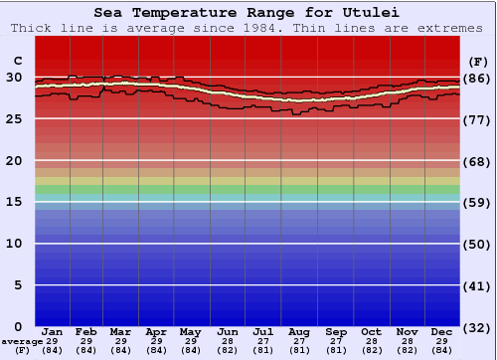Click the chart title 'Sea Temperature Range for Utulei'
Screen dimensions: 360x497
coord(248,13)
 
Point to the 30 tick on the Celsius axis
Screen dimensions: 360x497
coord(15,78)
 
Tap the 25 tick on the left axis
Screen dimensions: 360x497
coord(15,119)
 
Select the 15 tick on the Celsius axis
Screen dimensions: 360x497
coord(15,202)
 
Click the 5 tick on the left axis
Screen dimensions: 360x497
coord(19,285)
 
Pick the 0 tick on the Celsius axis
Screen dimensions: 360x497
coord(19,327)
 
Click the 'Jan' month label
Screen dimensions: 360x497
coord(53,331)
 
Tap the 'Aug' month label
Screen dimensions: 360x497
coord(299,331)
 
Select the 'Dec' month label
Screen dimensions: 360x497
coord(442,331)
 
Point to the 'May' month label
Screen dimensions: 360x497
coord(192,331)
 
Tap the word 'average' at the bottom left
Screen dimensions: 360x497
coord(22,341)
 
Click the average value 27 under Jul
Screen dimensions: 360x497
coord(263,341)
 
